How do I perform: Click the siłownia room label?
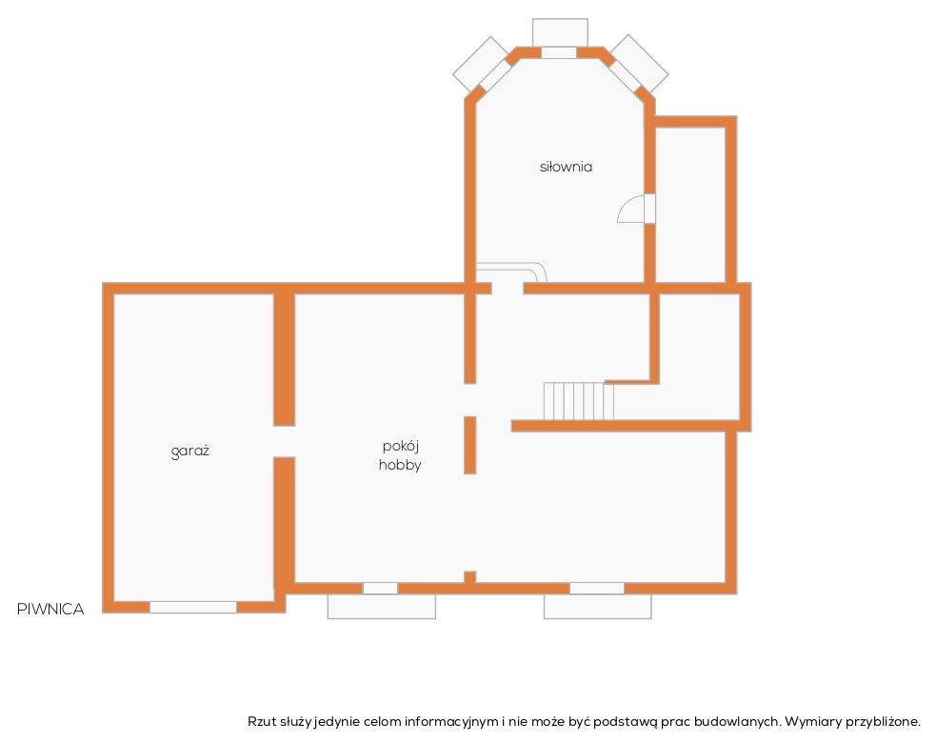tap(566, 167)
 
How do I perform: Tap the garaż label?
tap(189, 451)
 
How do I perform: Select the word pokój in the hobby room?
tap(401, 447)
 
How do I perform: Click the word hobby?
tap(400, 465)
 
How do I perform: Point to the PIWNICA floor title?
tap(50, 609)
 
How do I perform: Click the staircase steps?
tap(578, 401)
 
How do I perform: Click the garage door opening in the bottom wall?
tap(192, 607)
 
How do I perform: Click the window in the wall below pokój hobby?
tap(380, 588)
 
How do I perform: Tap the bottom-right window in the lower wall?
tap(597, 588)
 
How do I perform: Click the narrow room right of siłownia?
tap(690, 204)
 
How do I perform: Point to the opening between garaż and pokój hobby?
tap(284, 442)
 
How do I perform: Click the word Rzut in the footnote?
tap(262, 721)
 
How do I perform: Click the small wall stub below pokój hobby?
tap(470, 576)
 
